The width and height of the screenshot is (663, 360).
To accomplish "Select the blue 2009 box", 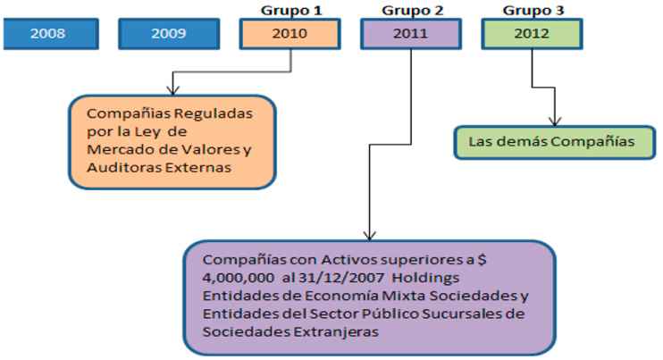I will click(x=167, y=33).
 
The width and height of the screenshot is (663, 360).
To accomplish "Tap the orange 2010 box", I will click(x=290, y=33).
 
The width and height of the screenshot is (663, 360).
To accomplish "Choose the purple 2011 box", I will click(x=410, y=33).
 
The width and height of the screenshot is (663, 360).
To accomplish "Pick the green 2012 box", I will click(x=531, y=33).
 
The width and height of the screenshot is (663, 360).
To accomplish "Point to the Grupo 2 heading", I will click(x=410, y=9).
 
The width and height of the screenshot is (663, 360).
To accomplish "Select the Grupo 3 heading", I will click(x=531, y=9).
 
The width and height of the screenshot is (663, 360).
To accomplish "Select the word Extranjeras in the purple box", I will click(x=328, y=330).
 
